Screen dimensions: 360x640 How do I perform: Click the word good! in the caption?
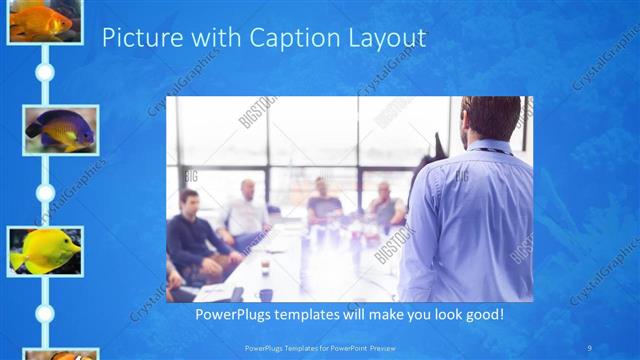coord(481,314)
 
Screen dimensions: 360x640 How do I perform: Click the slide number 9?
coord(589,347)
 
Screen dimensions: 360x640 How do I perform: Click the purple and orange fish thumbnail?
coord(60,129)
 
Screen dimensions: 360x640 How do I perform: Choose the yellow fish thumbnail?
coord(44,250)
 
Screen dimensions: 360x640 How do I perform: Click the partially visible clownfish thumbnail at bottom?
coord(60,354)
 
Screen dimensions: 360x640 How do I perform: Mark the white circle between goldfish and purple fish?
coord(44,73)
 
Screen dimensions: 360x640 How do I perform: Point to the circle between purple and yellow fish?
coord(44,191)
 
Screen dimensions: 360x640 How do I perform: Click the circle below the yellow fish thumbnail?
coord(44,313)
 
